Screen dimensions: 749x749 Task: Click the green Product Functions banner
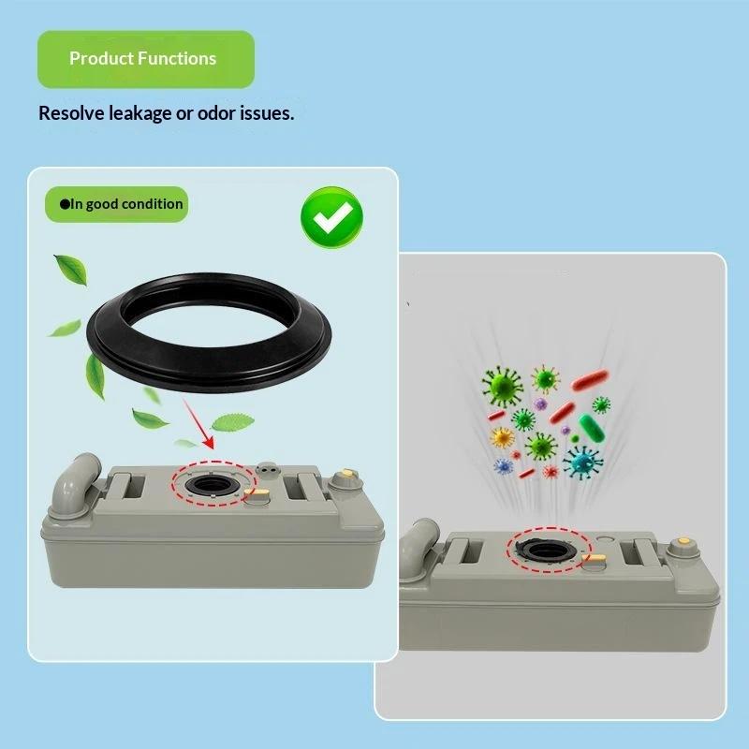(x=146, y=59)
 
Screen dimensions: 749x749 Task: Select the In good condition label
(x=116, y=204)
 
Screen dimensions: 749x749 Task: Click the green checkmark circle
(x=331, y=217)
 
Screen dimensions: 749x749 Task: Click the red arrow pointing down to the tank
(x=198, y=425)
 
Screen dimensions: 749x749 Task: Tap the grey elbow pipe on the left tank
(x=77, y=483)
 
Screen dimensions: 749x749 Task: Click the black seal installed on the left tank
(x=213, y=484)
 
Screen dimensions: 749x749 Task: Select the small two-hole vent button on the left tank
(x=267, y=468)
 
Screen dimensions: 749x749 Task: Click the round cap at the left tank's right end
(x=344, y=478)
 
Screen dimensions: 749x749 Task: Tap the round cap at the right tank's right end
(x=684, y=547)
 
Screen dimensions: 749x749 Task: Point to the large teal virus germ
(x=582, y=462)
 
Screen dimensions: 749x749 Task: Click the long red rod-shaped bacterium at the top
(x=590, y=380)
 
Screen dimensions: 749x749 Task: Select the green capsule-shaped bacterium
(x=592, y=428)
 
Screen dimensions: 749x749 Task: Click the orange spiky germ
(x=502, y=437)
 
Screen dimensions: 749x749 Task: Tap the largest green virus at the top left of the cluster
(x=502, y=387)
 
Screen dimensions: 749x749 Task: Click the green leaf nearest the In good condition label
(x=72, y=270)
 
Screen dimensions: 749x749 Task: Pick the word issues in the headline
(x=267, y=113)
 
